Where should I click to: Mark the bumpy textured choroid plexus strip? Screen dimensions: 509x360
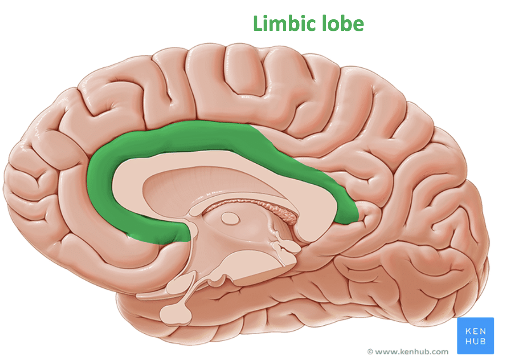[x=275, y=209]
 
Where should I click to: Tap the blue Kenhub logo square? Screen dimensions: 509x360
[x=476, y=336]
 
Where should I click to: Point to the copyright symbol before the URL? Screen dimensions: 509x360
[x=370, y=351]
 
